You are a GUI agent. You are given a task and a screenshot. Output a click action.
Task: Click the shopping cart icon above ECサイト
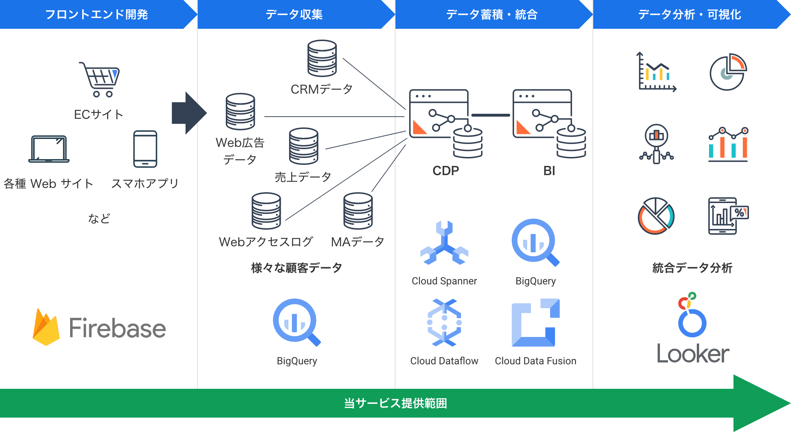pyautogui.click(x=100, y=80)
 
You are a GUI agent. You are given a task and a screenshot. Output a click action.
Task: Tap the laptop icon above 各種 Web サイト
pyautogui.click(x=49, y=149)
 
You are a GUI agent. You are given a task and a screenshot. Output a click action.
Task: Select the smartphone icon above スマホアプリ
pyautogui.click(x=145, y=149)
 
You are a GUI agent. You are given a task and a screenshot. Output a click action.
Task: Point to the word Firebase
pyautogui.click(x=117, y=328)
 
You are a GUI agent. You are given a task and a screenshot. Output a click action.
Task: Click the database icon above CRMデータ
pyautogui.click(x=322, y=58)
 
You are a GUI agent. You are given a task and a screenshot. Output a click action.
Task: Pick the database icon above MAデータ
pyautogui.click(x=358, y=211)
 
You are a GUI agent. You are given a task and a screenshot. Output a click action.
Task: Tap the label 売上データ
pyautogui.click(x=303, y=177)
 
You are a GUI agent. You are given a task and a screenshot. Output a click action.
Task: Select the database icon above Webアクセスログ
pyautogui.click(x=266, y=211)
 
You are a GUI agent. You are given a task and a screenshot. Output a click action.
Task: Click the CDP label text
pyautogui.click(x=445, y=171)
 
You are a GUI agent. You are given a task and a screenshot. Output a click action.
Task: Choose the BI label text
pyautogui.click(x=549, y=171)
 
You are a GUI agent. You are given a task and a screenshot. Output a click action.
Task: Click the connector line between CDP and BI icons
pyautogui.click(x=490, y=115)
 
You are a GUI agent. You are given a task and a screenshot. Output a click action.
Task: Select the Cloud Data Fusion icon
pyautogui.click(x=535, y=323)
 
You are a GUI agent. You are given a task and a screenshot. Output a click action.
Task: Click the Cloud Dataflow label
pyautogui.click(x=444, y=361)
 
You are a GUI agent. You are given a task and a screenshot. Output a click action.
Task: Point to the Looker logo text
pyautogui.click(x=692, y=354)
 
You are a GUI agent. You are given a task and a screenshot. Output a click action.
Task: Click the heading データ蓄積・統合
pyautogui.click(x=491, y=14)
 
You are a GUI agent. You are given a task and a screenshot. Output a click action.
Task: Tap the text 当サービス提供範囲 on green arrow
pyautogui.click(x=395, y=403)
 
